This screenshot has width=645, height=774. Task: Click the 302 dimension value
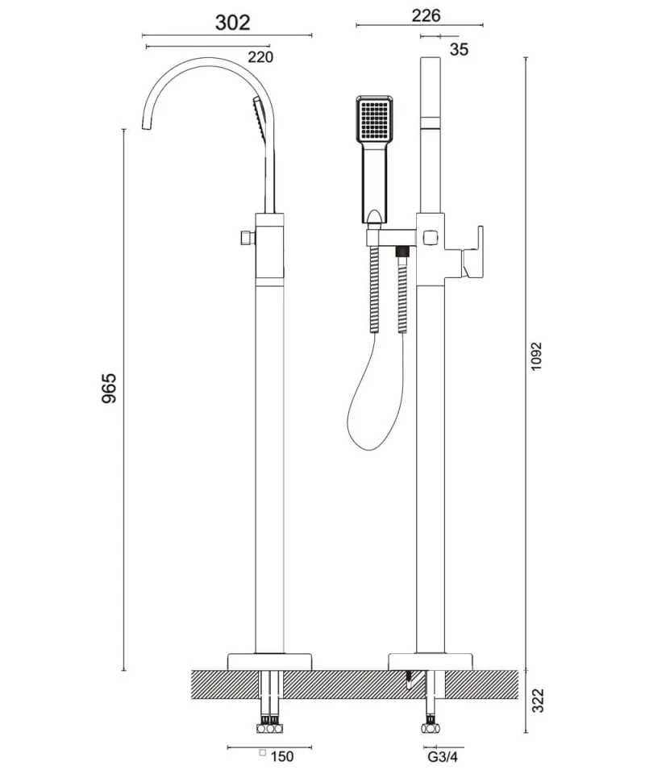[232, 22]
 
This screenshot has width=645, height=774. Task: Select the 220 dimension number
[260, 56]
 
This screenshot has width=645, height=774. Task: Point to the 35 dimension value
[460, 49]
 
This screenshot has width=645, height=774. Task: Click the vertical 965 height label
[110, 388]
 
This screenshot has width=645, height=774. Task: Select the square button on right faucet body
[429, 237]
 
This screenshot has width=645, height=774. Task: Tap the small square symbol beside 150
[262, 755]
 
